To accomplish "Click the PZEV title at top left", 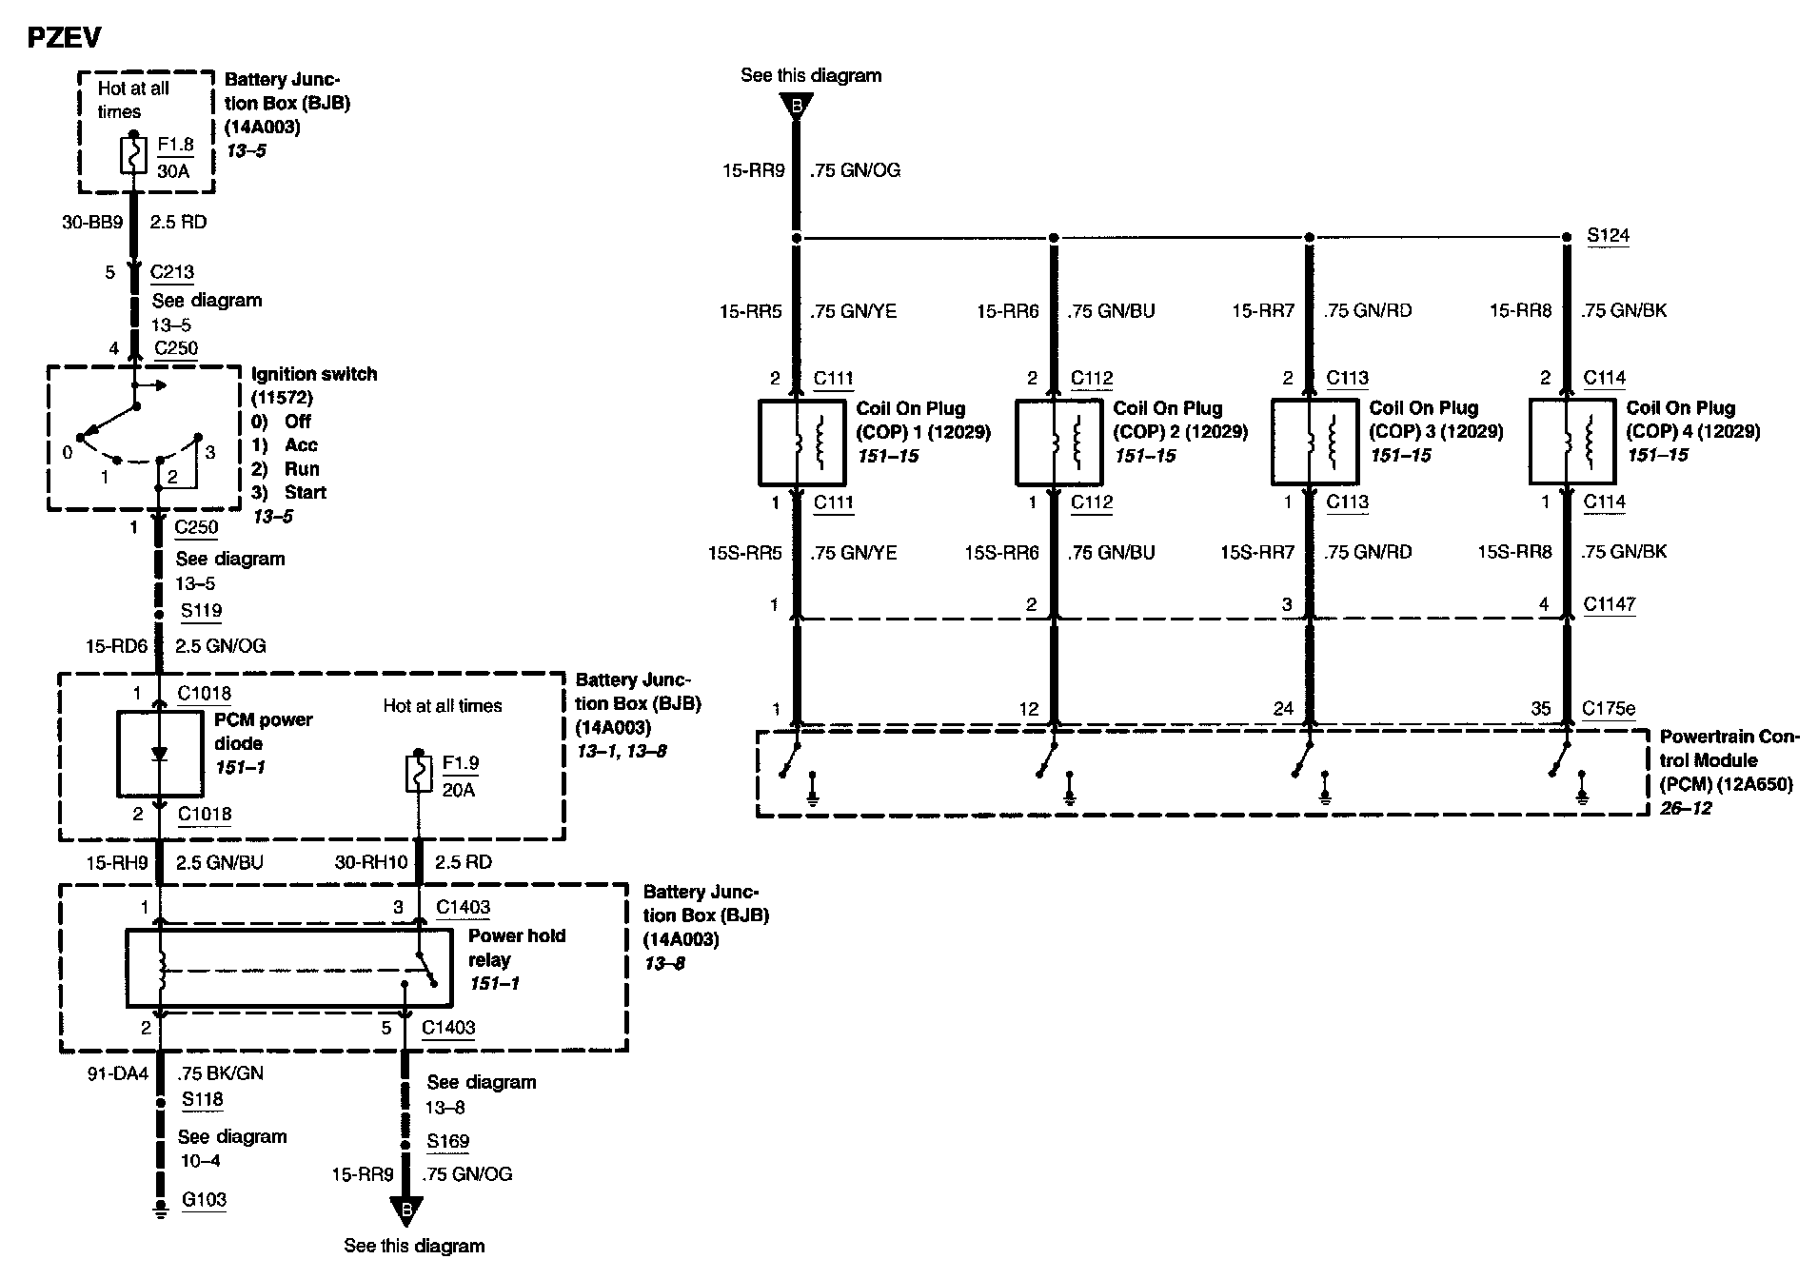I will [63, 37].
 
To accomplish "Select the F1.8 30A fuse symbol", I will [133, 156].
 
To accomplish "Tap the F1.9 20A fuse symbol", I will [418, 774].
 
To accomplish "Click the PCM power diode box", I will [160, 753].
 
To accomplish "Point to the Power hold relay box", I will [288, 968].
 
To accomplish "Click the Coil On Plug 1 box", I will [800, 443].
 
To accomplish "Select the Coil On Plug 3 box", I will [1314, 443].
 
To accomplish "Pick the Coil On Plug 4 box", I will [1571, 442].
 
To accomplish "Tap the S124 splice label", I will [1608, 235].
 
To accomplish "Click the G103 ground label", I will [204, 1200].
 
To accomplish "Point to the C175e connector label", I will [1609, 708].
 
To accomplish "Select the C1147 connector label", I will [1609, 603].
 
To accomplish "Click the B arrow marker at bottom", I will [406, 1210].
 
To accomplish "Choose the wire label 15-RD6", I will [117, 645].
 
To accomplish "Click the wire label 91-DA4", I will [118, 1073].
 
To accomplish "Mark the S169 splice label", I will [447, 1141].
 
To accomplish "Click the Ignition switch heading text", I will [314, 374].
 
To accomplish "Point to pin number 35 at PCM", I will [1541, 708].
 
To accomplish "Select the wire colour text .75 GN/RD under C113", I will [1368, 552].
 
